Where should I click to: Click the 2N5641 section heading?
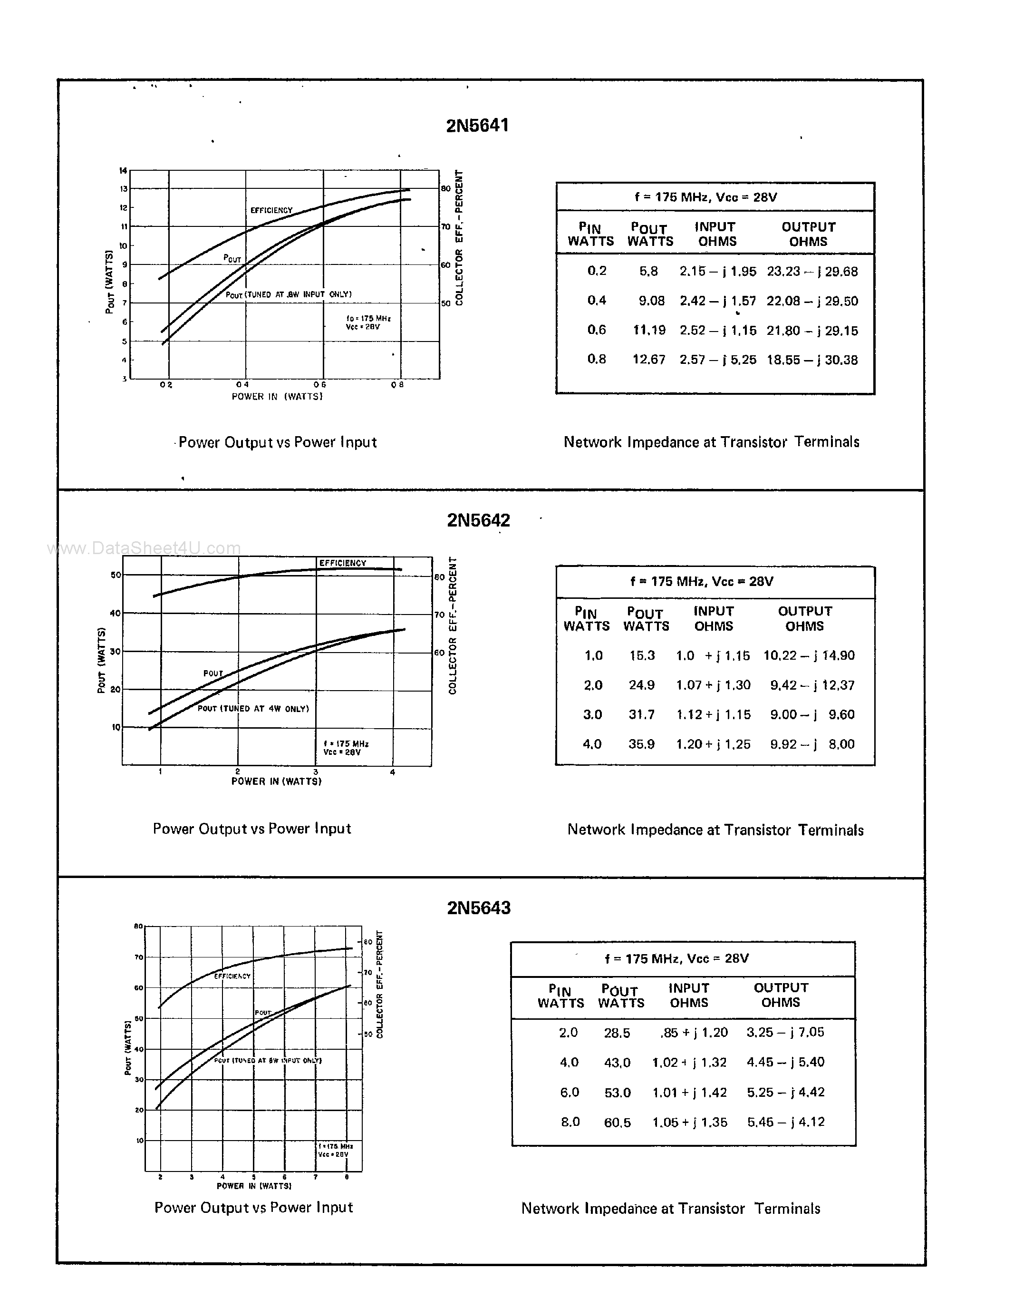(x=477, y=125)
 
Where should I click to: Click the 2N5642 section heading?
(x=478, y=520)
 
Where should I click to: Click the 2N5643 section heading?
(x=478, y=908)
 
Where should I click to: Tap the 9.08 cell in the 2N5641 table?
(x=651, y=301)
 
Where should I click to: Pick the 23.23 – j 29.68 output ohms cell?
(x=812, y=271)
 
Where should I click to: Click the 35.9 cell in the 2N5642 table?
(x=641, y=744)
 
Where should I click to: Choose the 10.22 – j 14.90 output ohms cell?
(x=809, y=655)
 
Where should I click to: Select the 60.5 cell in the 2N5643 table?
(x=617, y=1123)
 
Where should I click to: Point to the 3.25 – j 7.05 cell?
(x=785, y=1032)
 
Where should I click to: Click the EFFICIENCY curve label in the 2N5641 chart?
(x=271, y=210)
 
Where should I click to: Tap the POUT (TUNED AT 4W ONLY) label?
(x=253, y=709)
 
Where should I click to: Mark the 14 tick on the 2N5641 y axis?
(x=123, y=171)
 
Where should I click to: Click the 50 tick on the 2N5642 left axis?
(x=116, y=575)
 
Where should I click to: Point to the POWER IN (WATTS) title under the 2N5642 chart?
(x=277, y=781)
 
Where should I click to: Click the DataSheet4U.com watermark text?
(x=144, y=548)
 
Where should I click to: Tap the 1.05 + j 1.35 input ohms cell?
(x=690, y=1123)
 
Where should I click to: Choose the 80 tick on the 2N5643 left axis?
(x=138, y=927)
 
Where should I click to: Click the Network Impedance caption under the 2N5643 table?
(x=670, y=1209)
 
